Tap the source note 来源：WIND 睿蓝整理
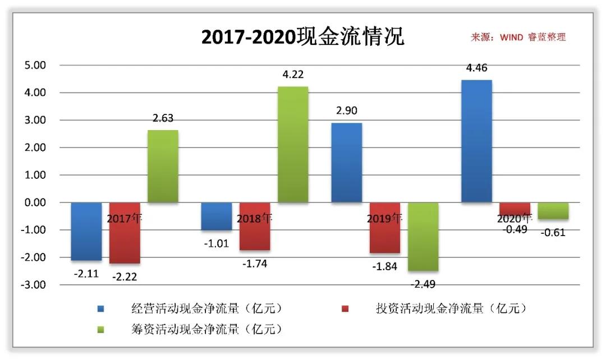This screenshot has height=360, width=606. pyautogui.click(x=518, y=38)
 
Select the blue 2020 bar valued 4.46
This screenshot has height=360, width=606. pyautogui.click(x=476, y=141)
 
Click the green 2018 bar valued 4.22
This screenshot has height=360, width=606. pyautogui.click(x=293, y=145)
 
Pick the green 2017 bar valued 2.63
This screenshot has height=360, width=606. pyautogui.click(x=163, y=167)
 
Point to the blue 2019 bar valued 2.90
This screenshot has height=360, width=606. pyautogui.click(x=346, y=163)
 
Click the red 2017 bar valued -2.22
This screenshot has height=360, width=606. pyautogui.click(x=124, y=233)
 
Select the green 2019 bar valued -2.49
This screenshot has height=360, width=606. pyautogui.click(x=423, y=237)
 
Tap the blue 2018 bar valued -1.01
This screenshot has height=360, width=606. pyautogui.click(x=217, y=216)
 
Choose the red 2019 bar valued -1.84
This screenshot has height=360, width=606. pyautogui.click(x=384, y=228)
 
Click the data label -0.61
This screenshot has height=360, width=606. pyautogui.click(x=553, y=232)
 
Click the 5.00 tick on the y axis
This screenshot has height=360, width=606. pyautogui.click(x=35, y=65)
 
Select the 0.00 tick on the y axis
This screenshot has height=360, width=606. pyautogui.click(x=35, y=202)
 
